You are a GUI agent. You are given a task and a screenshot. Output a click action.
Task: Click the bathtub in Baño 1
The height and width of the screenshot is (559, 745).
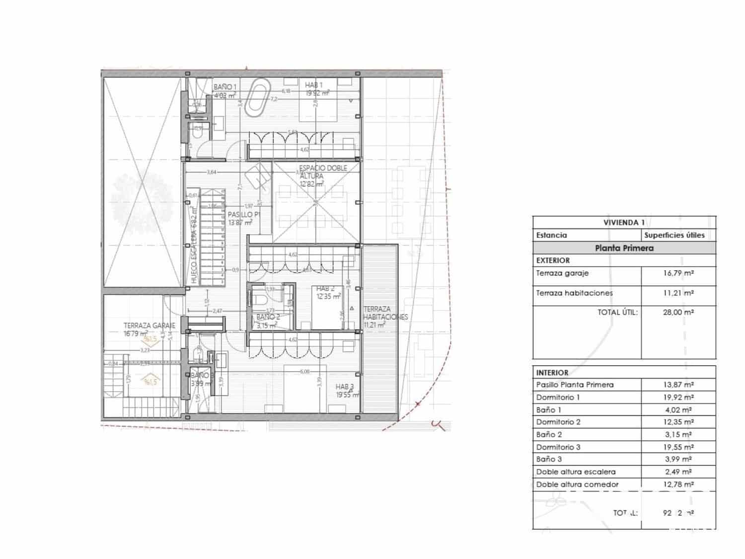(x=258, y=96)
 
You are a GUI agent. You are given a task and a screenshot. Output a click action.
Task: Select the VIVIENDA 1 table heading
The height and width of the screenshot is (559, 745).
(x=624, y=223)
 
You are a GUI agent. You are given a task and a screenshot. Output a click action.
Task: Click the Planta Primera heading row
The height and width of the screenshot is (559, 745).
(x=624, y=248)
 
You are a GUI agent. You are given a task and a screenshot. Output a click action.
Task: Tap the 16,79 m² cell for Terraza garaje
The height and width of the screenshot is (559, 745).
(x=678, y=273)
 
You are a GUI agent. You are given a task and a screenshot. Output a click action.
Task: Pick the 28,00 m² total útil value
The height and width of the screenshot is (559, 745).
(x=678, y=312)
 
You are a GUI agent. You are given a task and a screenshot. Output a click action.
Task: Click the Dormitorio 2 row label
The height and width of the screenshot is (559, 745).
(x=558, y=422)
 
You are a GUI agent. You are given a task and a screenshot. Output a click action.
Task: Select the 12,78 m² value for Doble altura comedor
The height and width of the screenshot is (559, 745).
(x=678, y=484)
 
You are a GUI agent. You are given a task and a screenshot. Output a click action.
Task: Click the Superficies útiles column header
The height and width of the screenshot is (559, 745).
(x=674, y=235)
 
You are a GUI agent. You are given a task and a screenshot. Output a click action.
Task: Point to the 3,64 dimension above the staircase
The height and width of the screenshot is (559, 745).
(x=212, y=172)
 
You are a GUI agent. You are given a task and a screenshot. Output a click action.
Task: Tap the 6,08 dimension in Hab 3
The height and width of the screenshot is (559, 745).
(x=304, y=371)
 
